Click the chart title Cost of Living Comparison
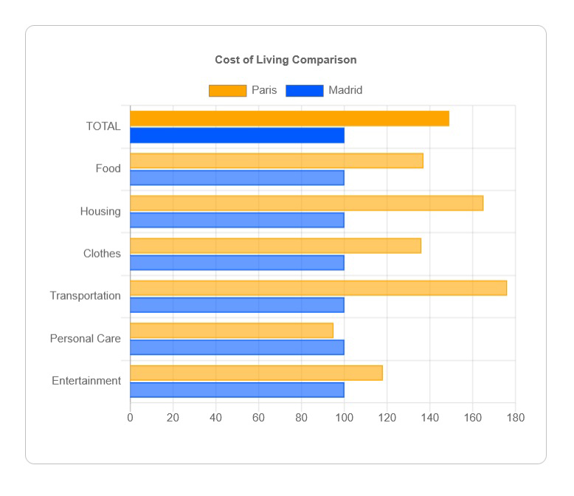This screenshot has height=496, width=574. point(286,60)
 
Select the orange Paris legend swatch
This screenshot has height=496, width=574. point(227,91)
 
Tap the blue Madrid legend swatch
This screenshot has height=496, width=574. point(304,91)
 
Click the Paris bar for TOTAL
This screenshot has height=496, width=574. point(289,118)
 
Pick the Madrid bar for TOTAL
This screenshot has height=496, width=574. point(237,135)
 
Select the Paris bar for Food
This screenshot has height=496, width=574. point(277,161)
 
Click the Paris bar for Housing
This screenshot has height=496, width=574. point(306,203)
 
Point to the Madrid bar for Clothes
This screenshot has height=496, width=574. point(237,263)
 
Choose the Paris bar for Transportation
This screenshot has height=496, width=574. point(318,288)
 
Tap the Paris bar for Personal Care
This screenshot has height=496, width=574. point(232,331)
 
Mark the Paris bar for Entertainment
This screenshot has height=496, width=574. point(256,373)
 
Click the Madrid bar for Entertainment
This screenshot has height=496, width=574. point(237,390)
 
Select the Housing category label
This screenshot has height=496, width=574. point(100,212)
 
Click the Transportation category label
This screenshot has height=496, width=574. point(86,296)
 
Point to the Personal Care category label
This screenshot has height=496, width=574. point(86,339)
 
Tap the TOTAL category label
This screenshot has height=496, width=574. point(103,126)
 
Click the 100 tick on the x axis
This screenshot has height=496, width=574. point(344,418)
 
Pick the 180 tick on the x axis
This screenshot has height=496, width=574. point(515,418)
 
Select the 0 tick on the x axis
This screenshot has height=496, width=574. point(131,418)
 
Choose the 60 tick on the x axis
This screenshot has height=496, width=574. point(258,418)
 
